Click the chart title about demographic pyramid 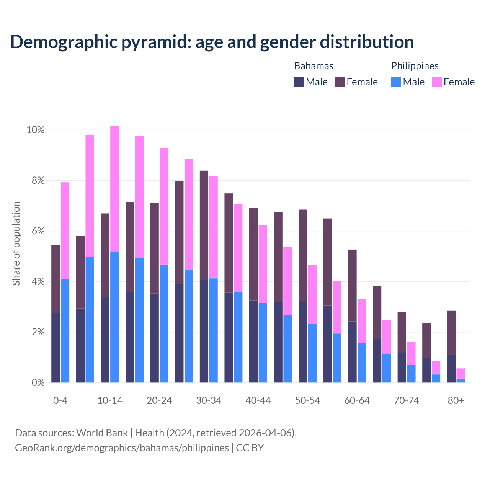[212, 42]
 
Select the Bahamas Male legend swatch [299, 82]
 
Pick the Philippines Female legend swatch [437, 82]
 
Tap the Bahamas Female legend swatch [340, 82]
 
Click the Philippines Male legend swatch [396, 82]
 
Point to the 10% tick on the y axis [36, 130]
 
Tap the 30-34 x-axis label [209, 400]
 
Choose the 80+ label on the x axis [456, 400]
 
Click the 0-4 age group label [60, 400]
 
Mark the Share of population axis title [16, 243]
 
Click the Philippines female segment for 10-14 [114, 189]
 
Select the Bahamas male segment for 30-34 [204, 331]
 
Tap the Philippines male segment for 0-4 [65, 331]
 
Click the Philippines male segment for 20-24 [164, 323]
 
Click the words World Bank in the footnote [102, 433]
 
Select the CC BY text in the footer [250, 448]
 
